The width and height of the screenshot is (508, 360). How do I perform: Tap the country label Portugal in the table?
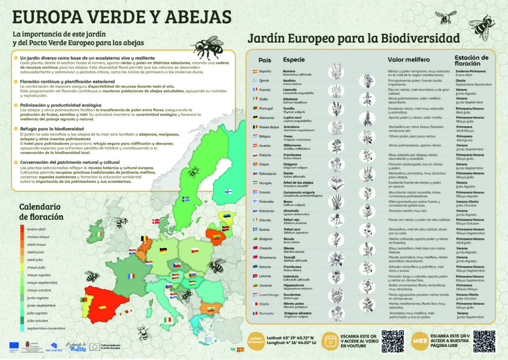(x=267, y=108)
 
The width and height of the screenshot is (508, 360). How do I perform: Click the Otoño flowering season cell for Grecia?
(x=460, y=80)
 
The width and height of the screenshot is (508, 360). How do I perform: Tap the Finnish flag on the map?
(x=229, y=191)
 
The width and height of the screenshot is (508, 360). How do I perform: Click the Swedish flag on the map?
(x=186, y=199)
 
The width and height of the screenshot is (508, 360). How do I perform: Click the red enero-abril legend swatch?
(x=22, y=230)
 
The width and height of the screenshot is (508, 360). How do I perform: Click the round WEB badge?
(x=419, y=341)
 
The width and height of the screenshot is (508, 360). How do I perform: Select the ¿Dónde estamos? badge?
(x=256, y=341)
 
